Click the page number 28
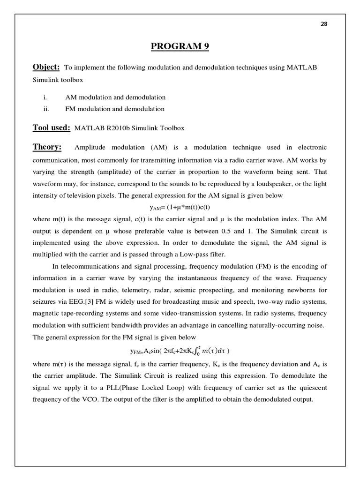coord(323,25)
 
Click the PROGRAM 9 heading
coord(180,46)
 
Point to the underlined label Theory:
coord(47,147)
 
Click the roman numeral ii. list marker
coord(46,109)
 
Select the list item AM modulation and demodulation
coord(115,97)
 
